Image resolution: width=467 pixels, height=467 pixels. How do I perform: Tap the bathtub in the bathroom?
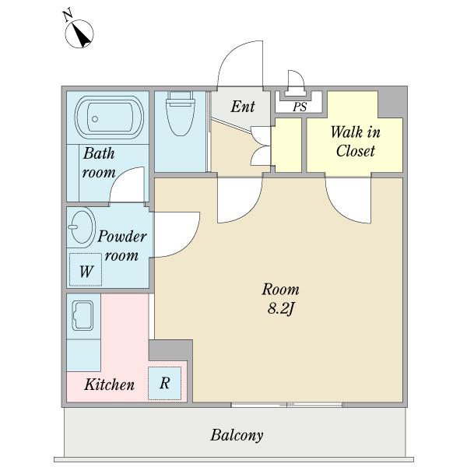pyautogui.click(x=109, y=117)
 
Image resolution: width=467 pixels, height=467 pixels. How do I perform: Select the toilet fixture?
pyautogui.click(x=181, y=114)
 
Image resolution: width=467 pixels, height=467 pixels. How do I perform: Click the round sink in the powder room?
pyautogui.click(x=82, y=226)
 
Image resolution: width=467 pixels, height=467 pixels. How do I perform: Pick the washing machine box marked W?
pyautogui.click(x=86, y=269)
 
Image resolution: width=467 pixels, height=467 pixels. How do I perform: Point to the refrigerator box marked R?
pyautogui.click(x=165, y=383)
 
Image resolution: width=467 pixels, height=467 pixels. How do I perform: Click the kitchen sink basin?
pyautogui.click(x=83, y=316)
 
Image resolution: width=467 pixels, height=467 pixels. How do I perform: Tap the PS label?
pyautogui.click(x=300, y=107)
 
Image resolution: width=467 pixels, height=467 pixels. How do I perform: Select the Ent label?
pyautogui.click(x=243, y=107)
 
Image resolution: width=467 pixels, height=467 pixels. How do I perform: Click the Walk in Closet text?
pyautogui.click(x=356, y=141)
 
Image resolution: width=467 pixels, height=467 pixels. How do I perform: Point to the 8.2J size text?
pyautogui.click(x=281, y=308)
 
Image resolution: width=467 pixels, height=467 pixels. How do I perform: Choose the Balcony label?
pyautogui.click(x=237, y=435)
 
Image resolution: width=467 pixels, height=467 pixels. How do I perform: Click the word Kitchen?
pyautogui.click(x=109, y=384)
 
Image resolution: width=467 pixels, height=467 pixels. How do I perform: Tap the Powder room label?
pyautogui.click(x=122, y=246)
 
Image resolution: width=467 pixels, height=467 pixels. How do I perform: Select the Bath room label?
pyautogui.click(x=99, y=163)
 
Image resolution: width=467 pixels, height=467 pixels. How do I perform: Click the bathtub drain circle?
pyautogui.click(x=95, y=119)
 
